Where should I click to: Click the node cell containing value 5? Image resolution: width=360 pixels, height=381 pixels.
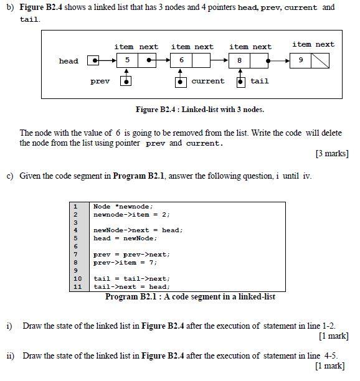127,61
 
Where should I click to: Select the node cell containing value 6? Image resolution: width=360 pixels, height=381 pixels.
182,61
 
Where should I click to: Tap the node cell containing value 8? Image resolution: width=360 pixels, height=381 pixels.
240,61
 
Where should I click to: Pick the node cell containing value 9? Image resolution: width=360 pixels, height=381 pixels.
301,61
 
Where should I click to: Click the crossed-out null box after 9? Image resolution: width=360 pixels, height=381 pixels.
320,61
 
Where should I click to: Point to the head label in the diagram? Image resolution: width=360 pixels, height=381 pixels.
69,61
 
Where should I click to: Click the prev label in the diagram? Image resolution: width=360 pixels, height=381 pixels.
100,82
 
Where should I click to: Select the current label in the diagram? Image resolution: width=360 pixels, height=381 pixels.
207,82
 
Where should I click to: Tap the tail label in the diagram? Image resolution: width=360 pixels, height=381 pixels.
260,82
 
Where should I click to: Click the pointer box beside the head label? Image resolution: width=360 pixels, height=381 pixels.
93,61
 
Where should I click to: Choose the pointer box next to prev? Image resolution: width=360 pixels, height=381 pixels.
126,82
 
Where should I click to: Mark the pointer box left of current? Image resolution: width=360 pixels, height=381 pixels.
181,82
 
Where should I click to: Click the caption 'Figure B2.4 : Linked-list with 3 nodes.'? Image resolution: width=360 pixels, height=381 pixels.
199,110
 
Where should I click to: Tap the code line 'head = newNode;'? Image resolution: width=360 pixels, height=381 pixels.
125,238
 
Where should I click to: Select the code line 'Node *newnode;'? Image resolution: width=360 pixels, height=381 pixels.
123,206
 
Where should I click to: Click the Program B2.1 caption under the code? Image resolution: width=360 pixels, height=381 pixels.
190,297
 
